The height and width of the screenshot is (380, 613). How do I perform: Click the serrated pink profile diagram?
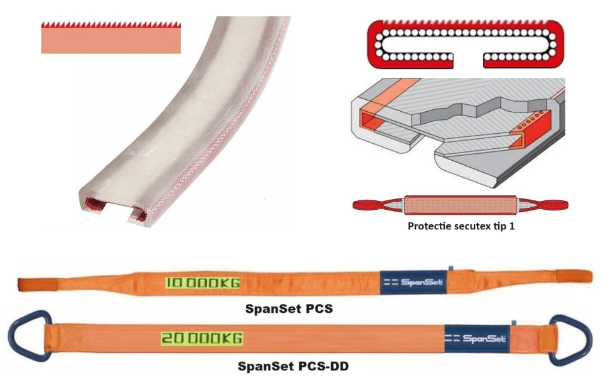coord(110,38)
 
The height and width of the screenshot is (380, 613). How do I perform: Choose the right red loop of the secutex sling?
coord(553,203)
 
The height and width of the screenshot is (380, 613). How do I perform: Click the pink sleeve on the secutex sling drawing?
coord(461,204)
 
